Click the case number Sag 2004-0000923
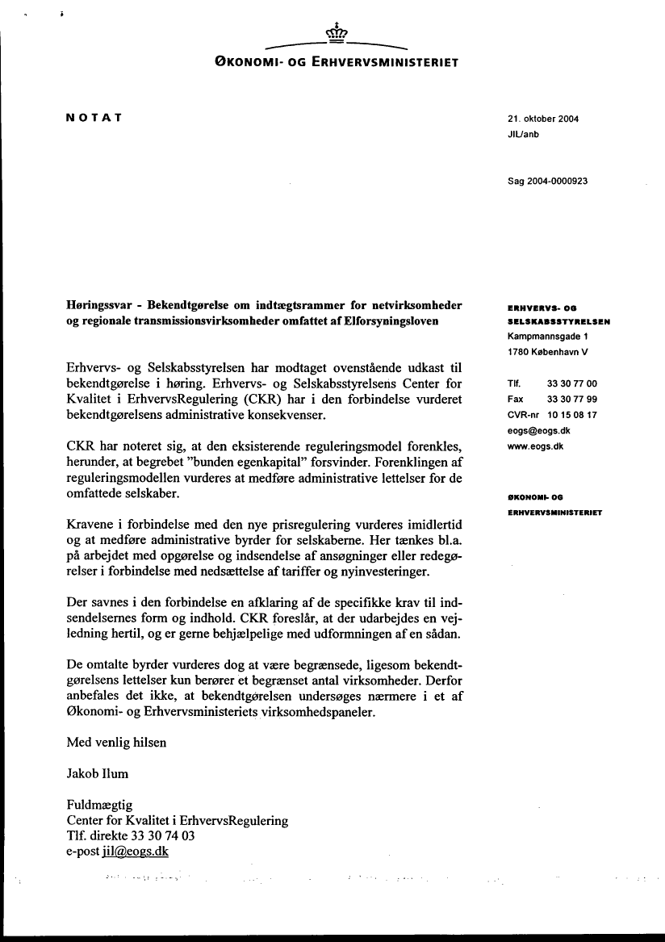click(x=547, y=182)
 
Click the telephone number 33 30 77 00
click(x=572, y=383)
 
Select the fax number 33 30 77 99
click(x=572, y=399)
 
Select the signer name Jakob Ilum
click(x=98, y=773)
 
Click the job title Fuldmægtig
click(x=99, y=805)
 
